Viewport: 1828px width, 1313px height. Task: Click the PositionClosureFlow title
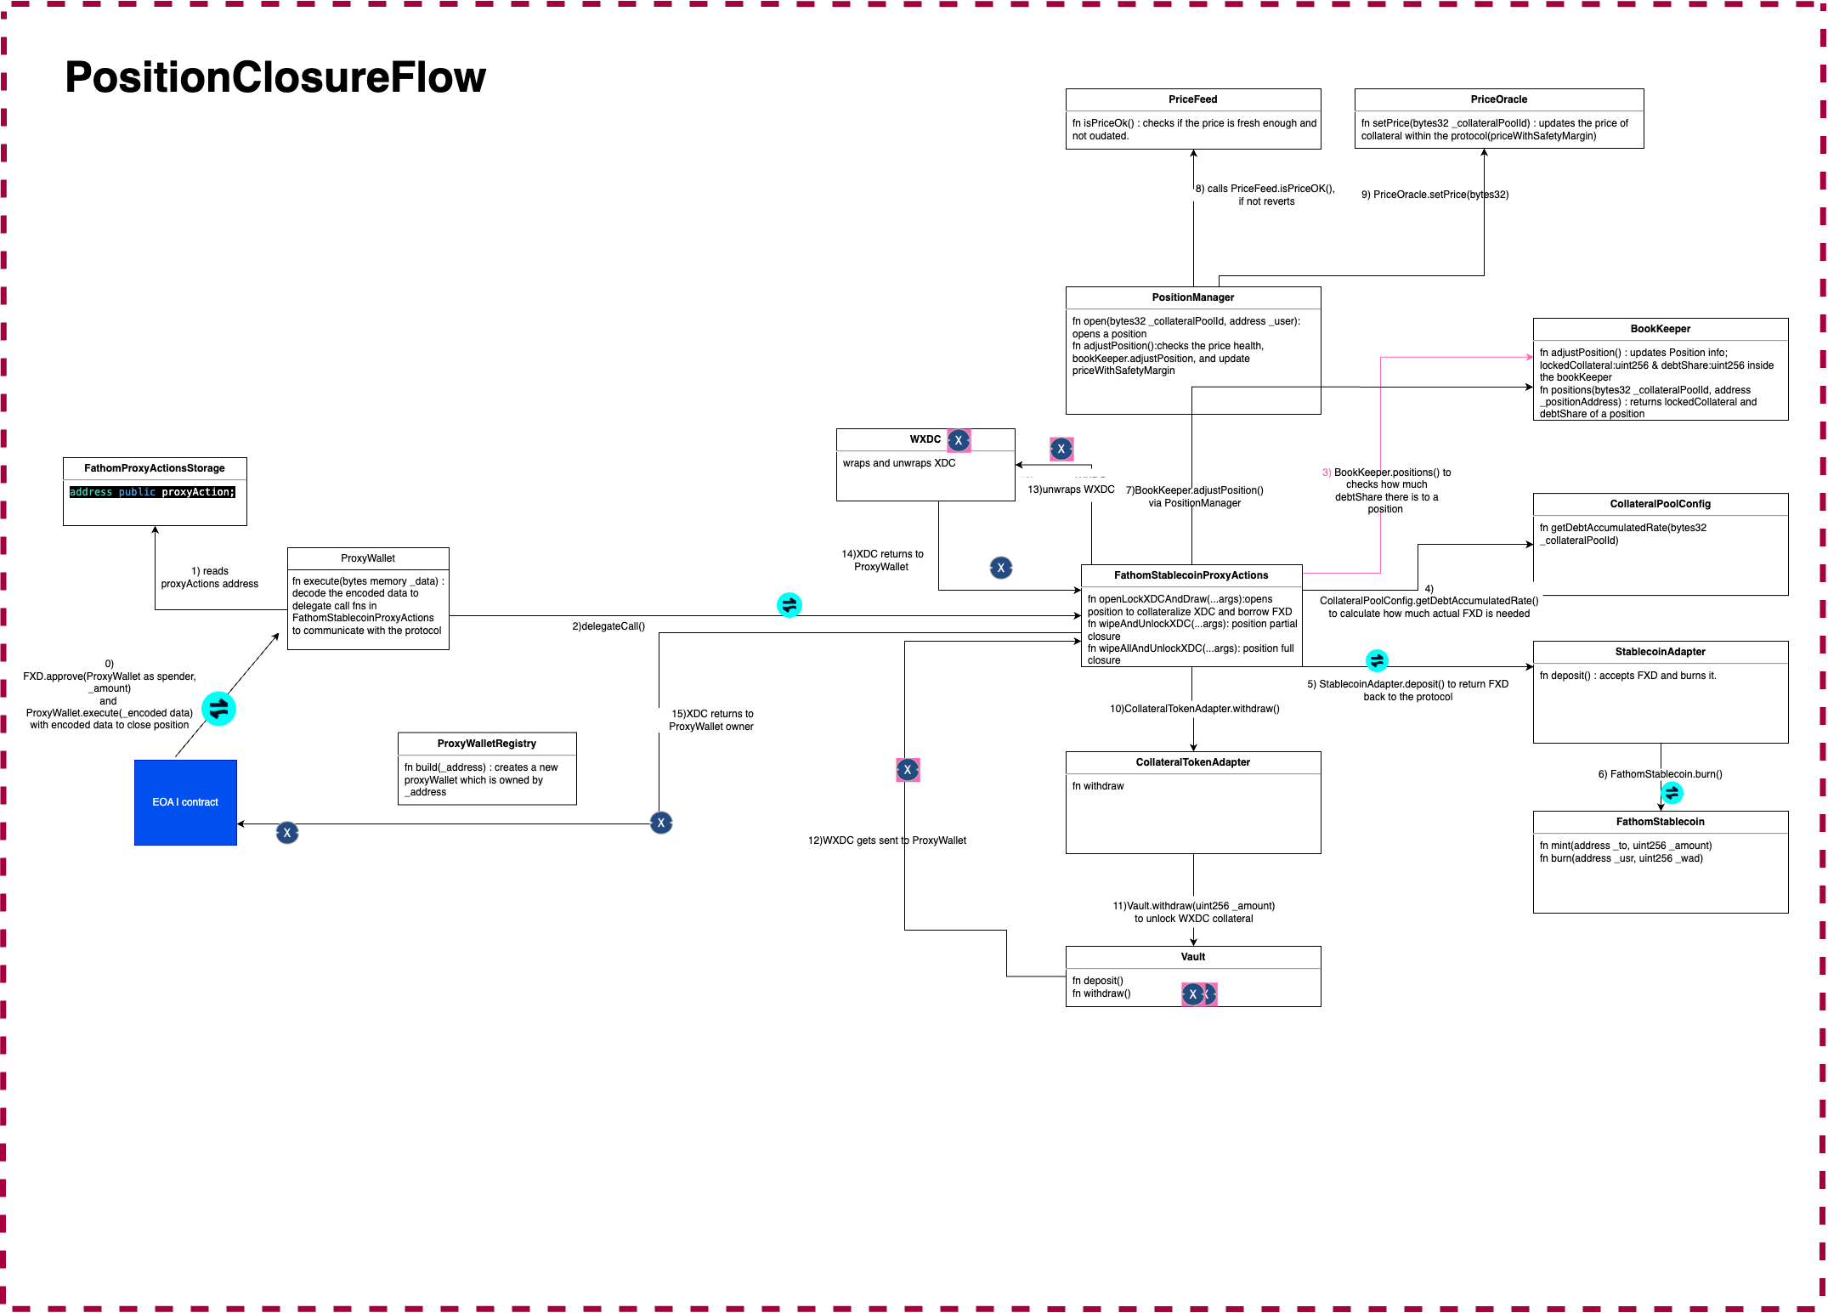point(275,77)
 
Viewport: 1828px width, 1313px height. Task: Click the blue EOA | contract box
point(185,802)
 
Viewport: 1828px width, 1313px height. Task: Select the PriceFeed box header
point(1192,99)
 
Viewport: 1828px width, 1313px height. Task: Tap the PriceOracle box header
point(1498,99)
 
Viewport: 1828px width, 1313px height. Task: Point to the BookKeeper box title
point(1660,329)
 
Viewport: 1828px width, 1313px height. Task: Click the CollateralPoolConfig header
point(1660,504)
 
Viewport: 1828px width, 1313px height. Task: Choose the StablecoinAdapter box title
point(1660,652)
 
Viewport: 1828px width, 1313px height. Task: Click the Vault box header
point(1192,957)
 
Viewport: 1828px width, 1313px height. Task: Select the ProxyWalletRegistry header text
point(487,744)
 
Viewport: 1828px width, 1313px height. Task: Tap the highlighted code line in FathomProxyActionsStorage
point(152,492)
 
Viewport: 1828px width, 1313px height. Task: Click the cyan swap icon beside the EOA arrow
point(219,709)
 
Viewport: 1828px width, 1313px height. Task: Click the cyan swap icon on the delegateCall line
point(789,605)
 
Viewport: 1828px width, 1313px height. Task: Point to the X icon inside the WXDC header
point(959,440)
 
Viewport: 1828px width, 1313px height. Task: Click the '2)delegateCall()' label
point(608,626)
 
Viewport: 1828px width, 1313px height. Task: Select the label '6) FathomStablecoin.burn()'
point(1660,774)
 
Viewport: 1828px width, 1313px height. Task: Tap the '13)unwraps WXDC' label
point(1071,490)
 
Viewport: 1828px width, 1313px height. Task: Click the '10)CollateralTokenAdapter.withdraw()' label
point(1194,709)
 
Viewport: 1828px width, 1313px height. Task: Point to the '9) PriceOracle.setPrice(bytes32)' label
point(1435,195)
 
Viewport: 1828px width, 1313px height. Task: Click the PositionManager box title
point(1192,297)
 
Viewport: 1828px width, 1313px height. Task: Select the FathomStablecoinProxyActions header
point(1191,575)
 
